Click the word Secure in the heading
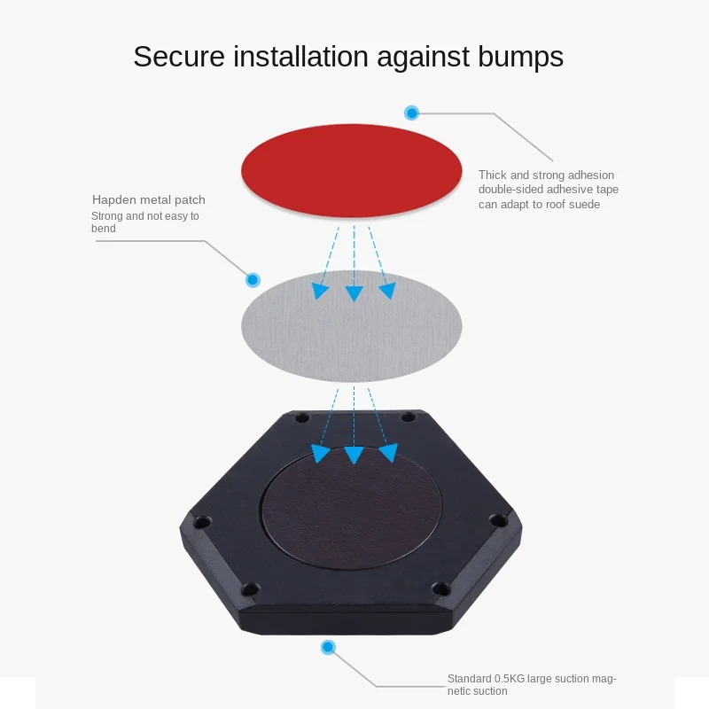click(x=179, y=57)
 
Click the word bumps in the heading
click(x=520, y=58)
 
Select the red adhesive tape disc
click(x=351, y=171)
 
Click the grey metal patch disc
click(x=351, y=326)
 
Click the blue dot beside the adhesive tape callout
click(x=411, y=113)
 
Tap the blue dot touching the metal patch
click(x=253, y=280)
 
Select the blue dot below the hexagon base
click(x=328, y=647)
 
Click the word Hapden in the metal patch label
click(x=114, y=200)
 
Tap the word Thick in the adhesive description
click(x=493, y=175)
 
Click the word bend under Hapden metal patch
click(x=104, y=229)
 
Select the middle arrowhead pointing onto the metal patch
click(x=354, y=293)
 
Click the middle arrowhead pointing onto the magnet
click(x=354, y=455)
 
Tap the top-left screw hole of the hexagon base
click(x=302, y=418)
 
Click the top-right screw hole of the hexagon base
click(x=409, y=417)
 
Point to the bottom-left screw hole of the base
click(x=250, y=589)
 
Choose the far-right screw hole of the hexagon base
click(x=499, y=520)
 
